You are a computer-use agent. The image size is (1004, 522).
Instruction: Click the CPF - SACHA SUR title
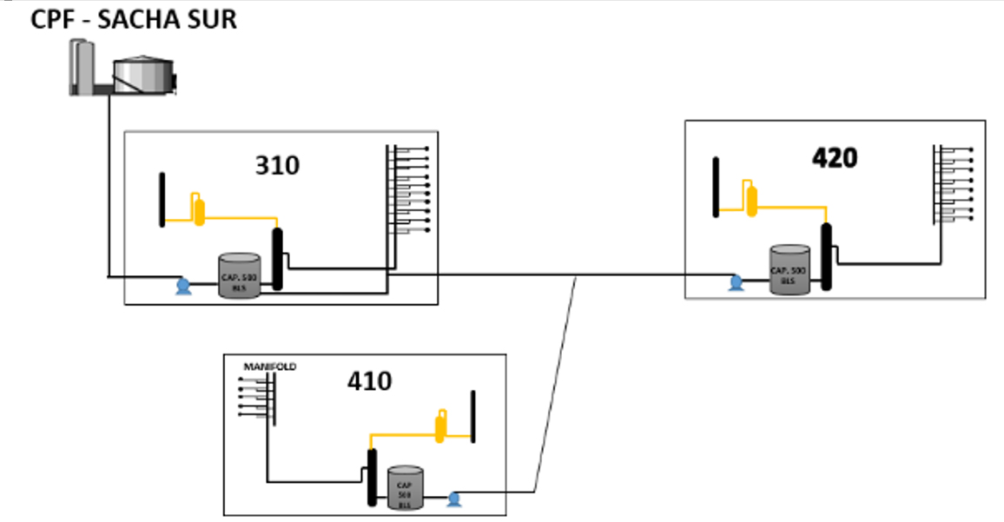click(133, 19)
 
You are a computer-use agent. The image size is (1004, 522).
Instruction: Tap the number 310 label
click(277, 164)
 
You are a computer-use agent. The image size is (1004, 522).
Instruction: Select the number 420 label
click(835, 157)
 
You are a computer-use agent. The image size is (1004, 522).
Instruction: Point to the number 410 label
click(369, 380)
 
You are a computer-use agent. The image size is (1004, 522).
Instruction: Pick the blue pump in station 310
click(183, 286)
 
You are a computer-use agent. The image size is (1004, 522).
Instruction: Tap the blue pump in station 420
click(736, 281)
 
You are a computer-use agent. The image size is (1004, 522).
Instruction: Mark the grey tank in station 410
click(404, 487)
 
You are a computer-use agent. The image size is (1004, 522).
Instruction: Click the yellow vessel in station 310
click(199, 209)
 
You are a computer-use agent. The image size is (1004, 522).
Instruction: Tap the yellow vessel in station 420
click(752, 197)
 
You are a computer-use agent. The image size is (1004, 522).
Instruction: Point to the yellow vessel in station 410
click(442, 424)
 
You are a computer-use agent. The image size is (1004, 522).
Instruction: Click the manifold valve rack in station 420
click(953, 185)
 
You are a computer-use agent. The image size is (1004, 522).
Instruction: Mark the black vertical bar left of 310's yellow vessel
click(162, 200)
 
